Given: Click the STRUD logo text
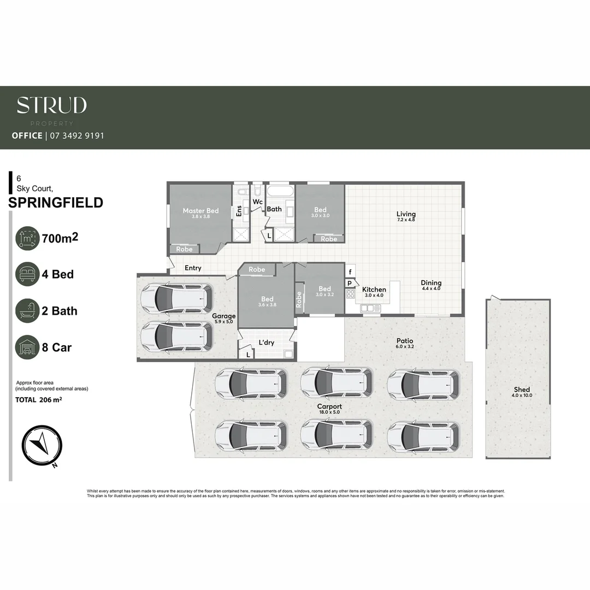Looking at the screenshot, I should click(52, 105).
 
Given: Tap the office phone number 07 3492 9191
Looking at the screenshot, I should click(76, 135).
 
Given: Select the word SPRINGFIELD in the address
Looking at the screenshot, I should click(56, 203).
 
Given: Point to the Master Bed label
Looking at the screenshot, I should click(200, 211).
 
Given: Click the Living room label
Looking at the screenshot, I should click(406, 214).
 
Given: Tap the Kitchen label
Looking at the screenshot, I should click(374, 290).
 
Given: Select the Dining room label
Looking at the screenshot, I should click(431, 283).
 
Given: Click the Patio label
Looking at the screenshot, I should click(405, 340).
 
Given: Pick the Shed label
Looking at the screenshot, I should click(522, 390).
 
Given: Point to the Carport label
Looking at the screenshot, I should click(329, 406).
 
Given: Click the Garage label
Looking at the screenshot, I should click(224, 316).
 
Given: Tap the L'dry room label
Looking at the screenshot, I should click(266, 343).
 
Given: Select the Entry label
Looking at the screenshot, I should click(193, 268).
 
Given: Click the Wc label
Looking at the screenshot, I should click(257, 202).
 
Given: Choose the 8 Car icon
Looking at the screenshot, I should click(27, 347).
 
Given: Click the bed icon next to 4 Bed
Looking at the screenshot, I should click(27, 274).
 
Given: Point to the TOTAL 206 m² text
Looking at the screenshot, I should click(38, 400).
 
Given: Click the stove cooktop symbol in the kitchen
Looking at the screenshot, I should click(350, 294).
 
